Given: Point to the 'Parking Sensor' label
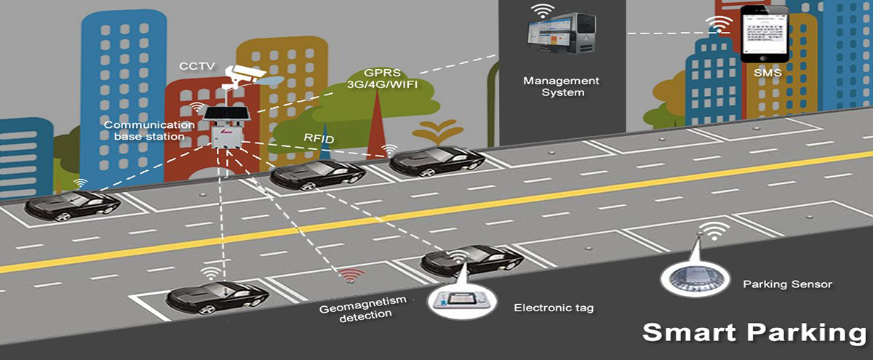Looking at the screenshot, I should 787,284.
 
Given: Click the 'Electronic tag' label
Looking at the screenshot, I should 554,308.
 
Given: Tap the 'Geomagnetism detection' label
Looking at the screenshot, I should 355,308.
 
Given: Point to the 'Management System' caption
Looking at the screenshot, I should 561,87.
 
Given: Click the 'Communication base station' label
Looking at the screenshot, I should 149,130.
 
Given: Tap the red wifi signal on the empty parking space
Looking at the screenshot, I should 353,276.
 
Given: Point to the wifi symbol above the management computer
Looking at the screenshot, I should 541,11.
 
